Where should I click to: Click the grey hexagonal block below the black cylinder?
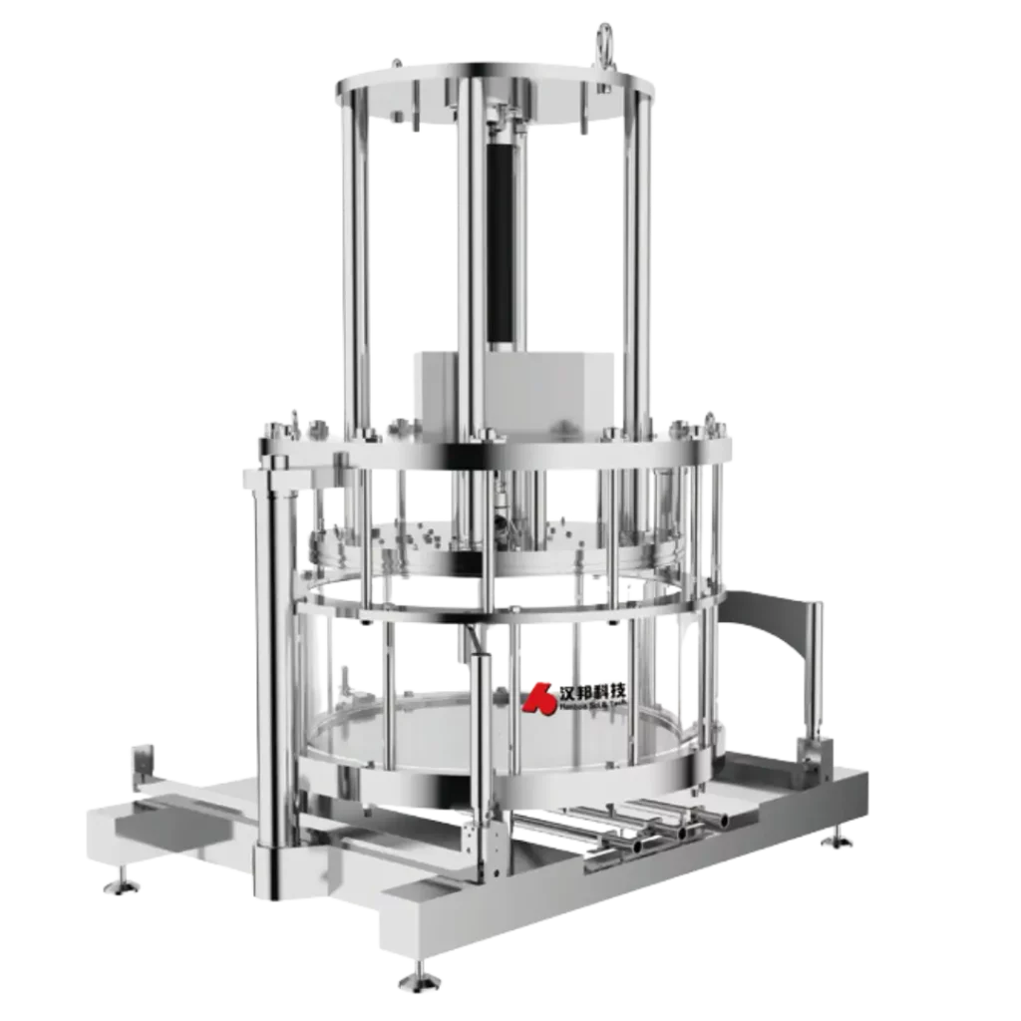click(518, 388)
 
